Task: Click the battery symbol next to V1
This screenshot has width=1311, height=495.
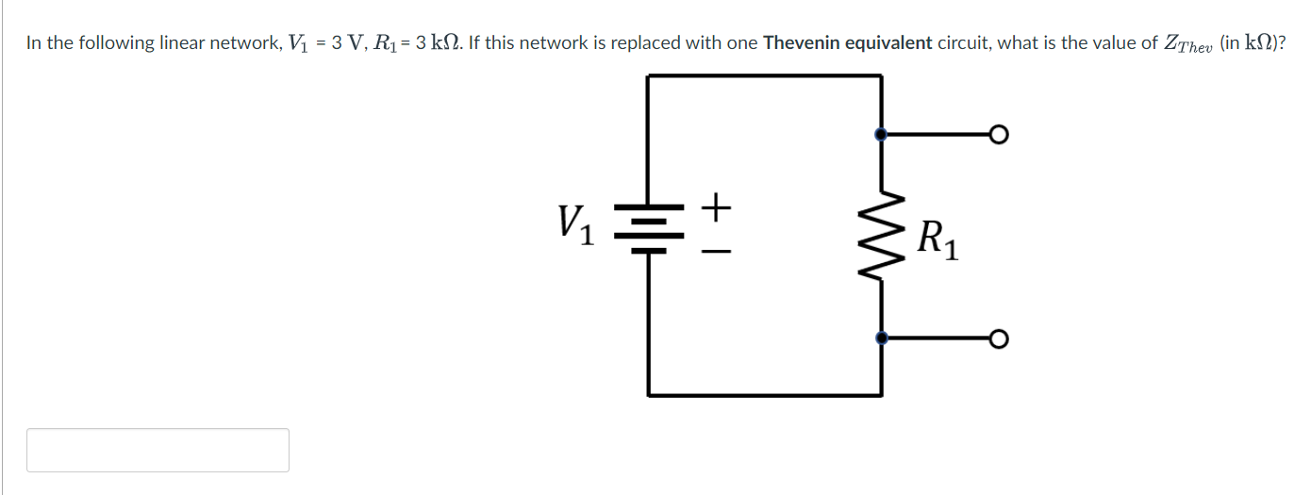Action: pyautogui.click(x=648, y=227)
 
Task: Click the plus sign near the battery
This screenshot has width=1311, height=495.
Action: pyautogui.click(x=718, y=205)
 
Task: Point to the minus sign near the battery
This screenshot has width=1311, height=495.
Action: pyautogui.click(x=718, y=252)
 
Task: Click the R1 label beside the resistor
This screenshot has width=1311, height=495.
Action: pyautogui.click(x=938, y=238)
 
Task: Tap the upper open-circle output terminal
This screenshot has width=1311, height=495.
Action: pyautogui.click(x=999, y=135)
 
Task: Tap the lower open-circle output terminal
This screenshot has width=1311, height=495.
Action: pyautogui.click(x=999, y=338)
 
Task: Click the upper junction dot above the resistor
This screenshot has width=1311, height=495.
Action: pyautogui.click(x=881, y=135)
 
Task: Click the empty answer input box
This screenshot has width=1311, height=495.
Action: pyautogui.click(x=158, y=450)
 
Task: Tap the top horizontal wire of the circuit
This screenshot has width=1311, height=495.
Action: pyautogui.click(x=764, y=76)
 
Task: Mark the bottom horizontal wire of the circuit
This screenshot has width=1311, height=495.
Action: pyautogui.click(x=764, y=394)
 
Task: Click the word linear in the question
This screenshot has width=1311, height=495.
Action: pyautogui.click(x=182, y=43)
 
